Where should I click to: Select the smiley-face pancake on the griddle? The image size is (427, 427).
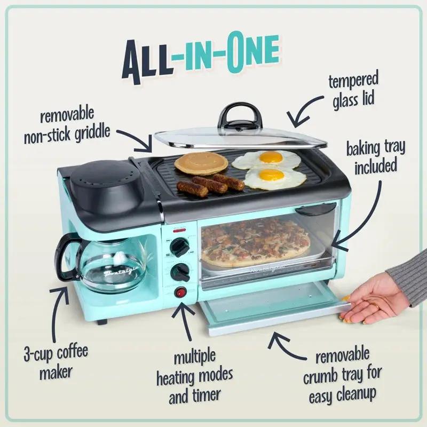point(201,163)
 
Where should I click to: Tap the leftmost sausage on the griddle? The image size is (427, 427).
point(192,189)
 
